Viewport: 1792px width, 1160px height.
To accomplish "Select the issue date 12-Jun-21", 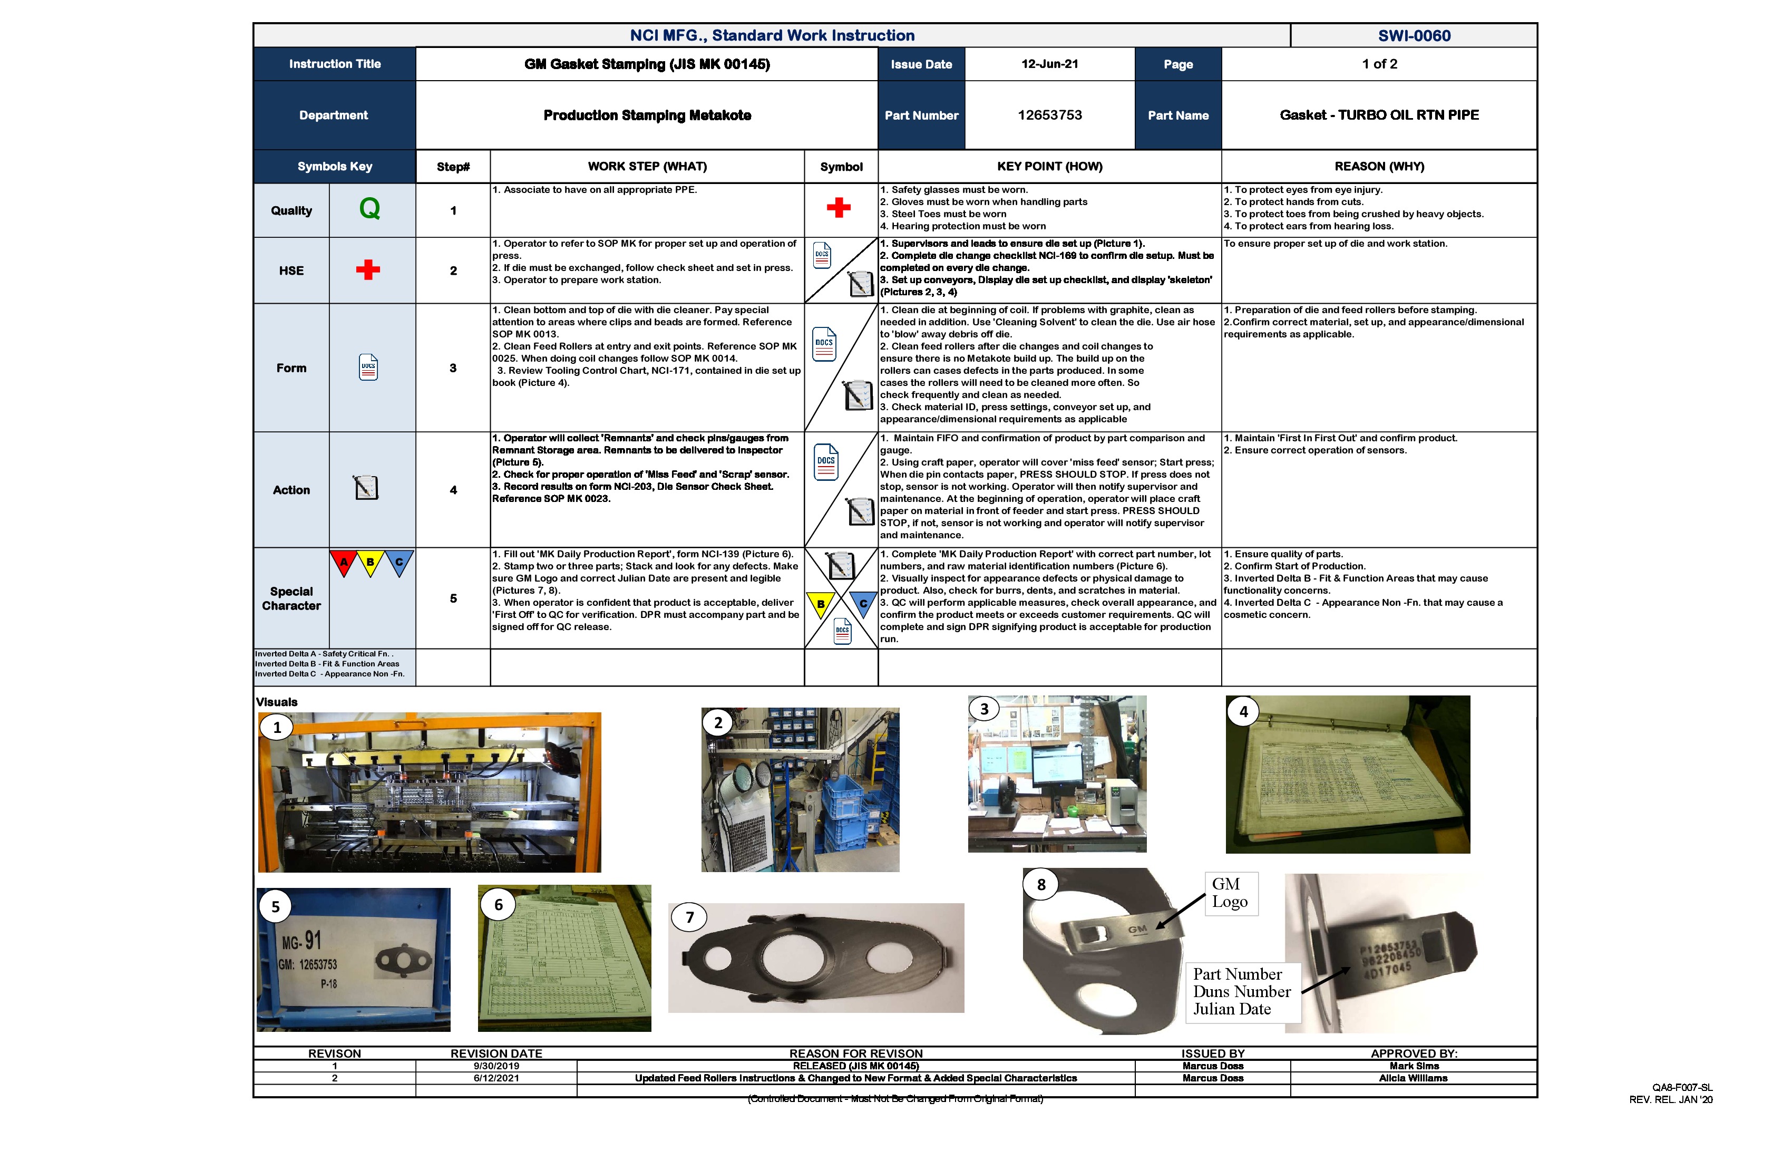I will click(x=1049, y=64).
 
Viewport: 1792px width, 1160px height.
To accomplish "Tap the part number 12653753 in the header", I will click(x=1049, y=115).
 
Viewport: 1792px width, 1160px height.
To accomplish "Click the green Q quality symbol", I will click(x=369, y=209).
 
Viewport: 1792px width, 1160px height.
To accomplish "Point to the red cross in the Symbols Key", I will click(x=367, y=269).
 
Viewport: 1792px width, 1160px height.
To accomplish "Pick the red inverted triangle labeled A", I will click(x=343, y=562).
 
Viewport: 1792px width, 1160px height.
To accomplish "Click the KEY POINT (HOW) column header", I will click(x=1049, y=167).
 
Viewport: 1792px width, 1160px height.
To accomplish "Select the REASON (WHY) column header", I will click(x=1379, y=167).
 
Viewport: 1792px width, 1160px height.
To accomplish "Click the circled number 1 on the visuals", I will click(x=277, y=728).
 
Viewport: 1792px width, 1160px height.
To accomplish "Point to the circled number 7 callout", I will click(x=690, y=917).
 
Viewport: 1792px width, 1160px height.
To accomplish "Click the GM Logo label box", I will click(x=1230, y=893).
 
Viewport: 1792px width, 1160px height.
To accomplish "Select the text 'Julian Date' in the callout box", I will click(x=1232, y=1009).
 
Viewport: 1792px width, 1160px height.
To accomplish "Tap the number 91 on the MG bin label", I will click(x=313, y=940).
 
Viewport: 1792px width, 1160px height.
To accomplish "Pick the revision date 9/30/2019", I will click(x=496, y=1066).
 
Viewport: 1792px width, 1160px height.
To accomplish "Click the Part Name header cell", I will click(x=1177, y=115).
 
